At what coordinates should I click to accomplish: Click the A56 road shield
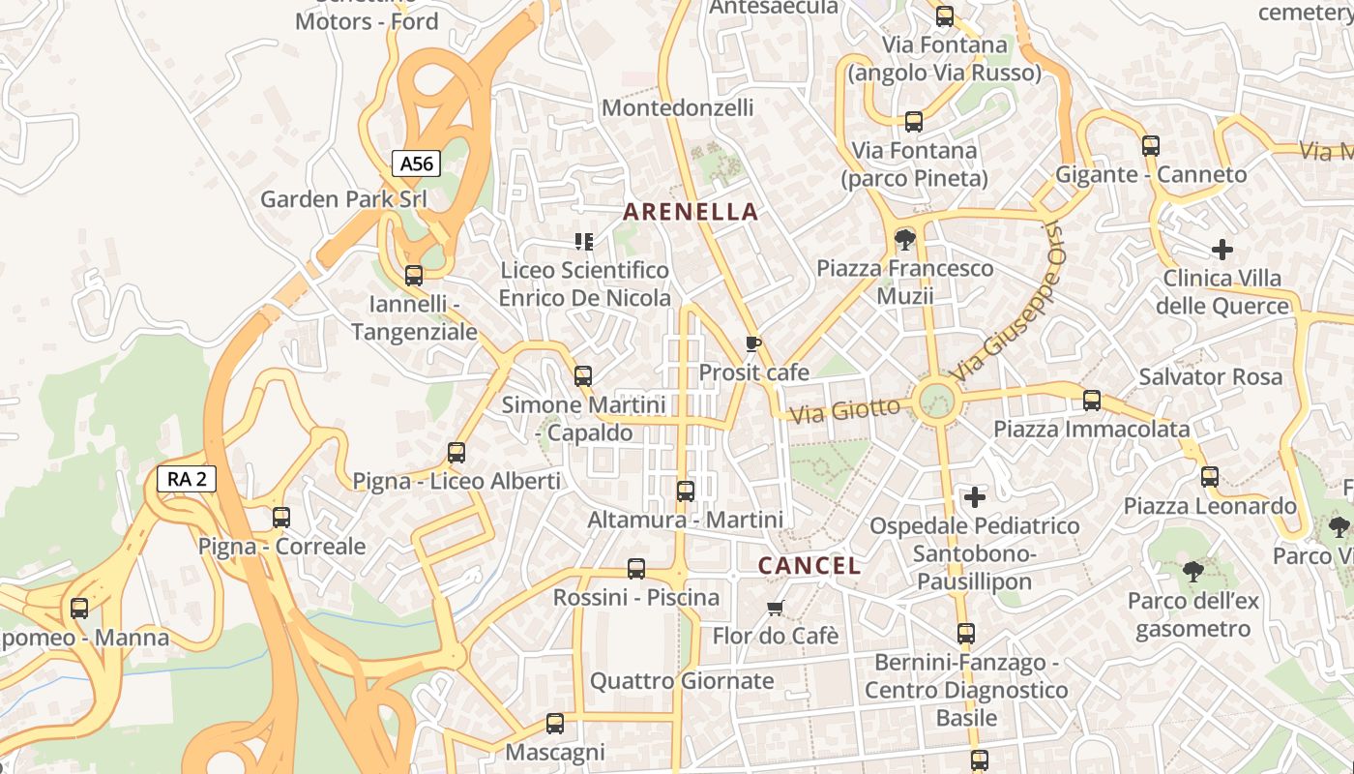[x=417, y=164]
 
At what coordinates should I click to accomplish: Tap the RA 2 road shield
[x=186, y=478]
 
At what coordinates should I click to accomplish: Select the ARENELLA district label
[x=691, y=212]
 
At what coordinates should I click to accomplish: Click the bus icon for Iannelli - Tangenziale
[x=414, y=276]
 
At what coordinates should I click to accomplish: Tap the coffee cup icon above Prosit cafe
[x=753, y=343]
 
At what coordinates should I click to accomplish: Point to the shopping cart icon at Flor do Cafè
[x=775, y=608]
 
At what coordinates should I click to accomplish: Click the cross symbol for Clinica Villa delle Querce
[x=1222, y=250]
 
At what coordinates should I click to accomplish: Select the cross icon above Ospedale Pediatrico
[x=975, y=497]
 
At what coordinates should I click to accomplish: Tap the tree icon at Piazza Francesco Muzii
[x=905, y=239]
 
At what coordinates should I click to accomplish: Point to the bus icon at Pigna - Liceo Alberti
[x=456, y=452]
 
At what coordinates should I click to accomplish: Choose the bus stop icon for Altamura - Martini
[x=686, y=491]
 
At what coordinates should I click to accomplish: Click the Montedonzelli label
[x=677, y=107]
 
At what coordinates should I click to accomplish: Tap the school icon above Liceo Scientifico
[x=584, y=241]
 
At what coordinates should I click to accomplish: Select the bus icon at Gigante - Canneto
[x=1151, y=146]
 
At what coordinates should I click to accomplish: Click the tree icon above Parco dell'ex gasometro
[x=1192, y=572]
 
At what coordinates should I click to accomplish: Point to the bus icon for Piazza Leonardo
[x=1210, y=477]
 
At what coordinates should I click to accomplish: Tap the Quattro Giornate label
[x=682, y=681]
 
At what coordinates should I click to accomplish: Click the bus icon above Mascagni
[x=555, y=724]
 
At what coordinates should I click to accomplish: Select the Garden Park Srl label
[x=343, y=199]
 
